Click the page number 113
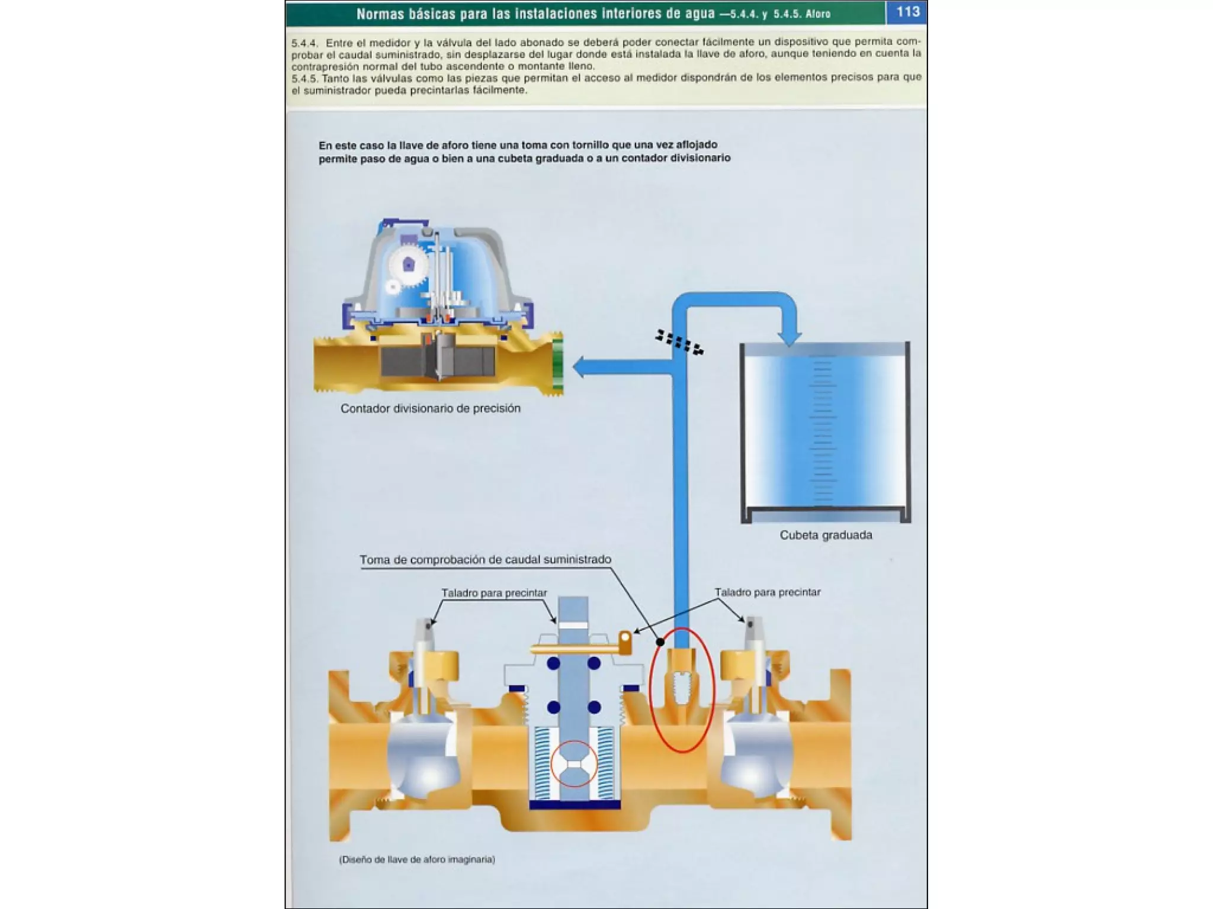pos(907,12)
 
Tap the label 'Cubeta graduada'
pos(826,535)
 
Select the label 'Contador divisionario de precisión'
pos(430,408)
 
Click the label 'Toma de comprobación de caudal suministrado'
pos(485,559)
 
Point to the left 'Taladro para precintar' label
pos(494,593)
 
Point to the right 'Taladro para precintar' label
pos(767,592)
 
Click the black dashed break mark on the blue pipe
pos(679,343)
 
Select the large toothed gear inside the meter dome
pos(408,266)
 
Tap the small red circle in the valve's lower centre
pos(573,763)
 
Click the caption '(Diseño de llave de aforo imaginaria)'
pos(416,859)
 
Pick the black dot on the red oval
pos(660,642)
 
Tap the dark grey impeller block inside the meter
pos(438,360)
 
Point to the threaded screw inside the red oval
pos(682,688)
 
